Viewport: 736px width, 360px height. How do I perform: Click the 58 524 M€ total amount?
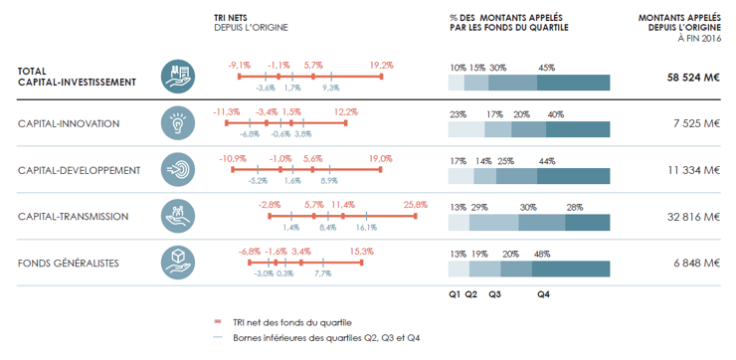[x=693, y=78]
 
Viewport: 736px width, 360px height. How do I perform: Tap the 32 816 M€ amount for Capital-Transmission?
[x=693, y=217]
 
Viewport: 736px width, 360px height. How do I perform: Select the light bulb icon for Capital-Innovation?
[x=177, y=123]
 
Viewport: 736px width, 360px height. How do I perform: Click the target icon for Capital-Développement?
[x=177, y=170]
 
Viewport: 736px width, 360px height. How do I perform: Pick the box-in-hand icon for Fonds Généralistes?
[x=177, y=264]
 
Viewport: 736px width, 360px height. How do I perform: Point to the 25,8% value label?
[x=416, y=205]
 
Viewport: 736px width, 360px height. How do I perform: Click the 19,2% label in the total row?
[x=381, y=66]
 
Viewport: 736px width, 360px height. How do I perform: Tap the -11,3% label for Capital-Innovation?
[x=226, y=112]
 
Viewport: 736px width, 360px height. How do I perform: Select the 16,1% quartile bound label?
[x=366, y=228]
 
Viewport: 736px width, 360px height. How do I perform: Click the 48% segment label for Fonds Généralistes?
[x=542, y=255]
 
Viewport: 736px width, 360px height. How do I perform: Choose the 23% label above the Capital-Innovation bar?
[x=458, y=114]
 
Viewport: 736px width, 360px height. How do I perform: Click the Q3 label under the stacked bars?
[x=494, y=294]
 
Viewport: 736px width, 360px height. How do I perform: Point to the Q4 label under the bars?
[x=544, y=294]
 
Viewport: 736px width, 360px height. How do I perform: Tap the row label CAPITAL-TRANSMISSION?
[x=74, y=217]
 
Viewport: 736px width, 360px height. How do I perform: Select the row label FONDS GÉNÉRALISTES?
[x=69, y=264]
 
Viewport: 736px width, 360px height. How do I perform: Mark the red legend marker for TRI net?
[x=218, y=322]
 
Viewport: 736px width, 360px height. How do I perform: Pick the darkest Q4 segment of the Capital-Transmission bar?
[x=587, y=223]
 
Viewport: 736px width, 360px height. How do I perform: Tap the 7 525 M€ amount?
[x=697, y=124]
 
